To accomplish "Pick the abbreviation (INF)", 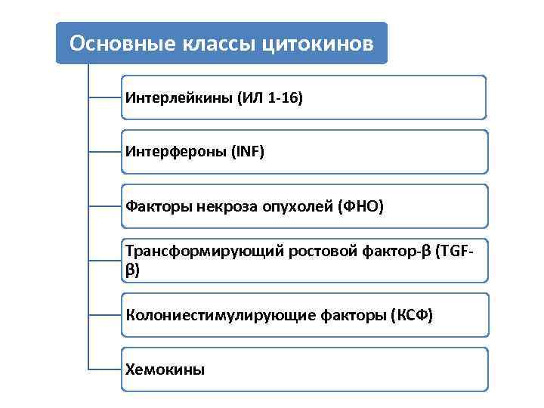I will pos(248,152).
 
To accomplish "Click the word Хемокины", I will pos(165,369).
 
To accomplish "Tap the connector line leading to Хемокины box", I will pos(104,369).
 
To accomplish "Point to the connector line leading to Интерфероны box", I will pos(104,152).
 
